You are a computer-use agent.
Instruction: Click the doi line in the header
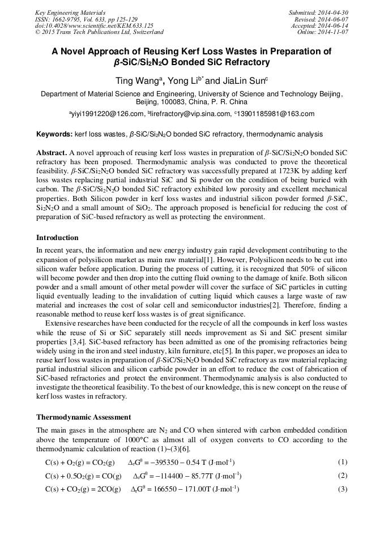(94, 25)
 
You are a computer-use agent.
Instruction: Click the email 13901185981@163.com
(275, 114)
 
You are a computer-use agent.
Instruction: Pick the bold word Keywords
(54, 135)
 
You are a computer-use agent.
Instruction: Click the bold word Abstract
(51, 153)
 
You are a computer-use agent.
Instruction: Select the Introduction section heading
(57, 237)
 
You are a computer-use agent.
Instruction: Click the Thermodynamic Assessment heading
(83, 417)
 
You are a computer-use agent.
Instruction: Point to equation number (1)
(342, 462)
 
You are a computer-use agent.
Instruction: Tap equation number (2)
(342, 475)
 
